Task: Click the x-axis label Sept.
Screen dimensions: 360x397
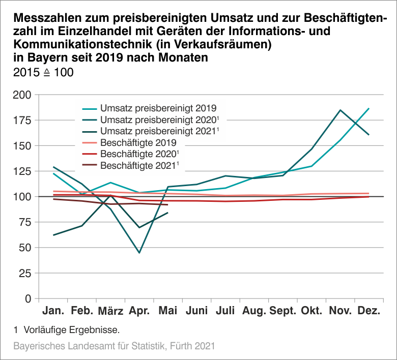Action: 283,311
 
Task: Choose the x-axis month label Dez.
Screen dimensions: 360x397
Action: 369,311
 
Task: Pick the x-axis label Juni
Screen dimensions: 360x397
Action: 196,311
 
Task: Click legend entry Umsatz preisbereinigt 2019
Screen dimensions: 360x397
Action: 158,108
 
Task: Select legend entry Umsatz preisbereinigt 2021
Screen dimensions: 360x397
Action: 158,131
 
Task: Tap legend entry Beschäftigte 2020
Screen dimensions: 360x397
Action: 140,154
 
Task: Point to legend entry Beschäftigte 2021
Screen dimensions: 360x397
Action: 140,165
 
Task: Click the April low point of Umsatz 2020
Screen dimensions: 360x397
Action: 139,253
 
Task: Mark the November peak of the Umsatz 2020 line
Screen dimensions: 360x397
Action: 340,110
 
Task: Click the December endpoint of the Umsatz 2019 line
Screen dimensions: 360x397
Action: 369,108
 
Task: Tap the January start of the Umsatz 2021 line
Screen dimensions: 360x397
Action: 53,235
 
